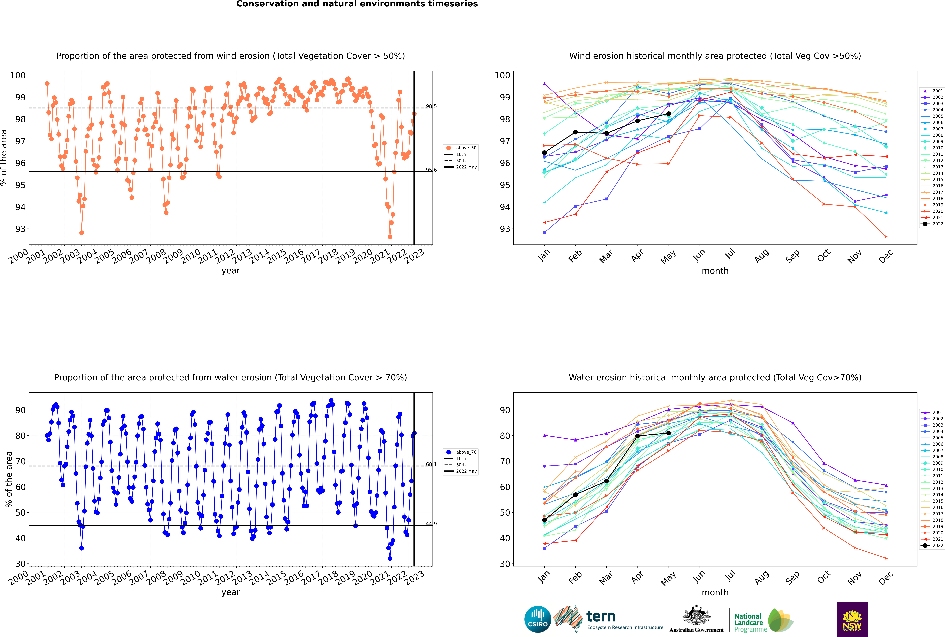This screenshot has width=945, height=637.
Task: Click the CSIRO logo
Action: tap(537, 619)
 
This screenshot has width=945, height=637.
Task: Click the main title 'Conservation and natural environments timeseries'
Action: tap(357, 4)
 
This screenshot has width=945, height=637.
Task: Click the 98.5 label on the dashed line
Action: tap(431, 106)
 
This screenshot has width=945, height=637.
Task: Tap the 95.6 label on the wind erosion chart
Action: tap(431, 170)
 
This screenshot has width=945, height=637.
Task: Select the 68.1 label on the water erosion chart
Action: tap(431, 464)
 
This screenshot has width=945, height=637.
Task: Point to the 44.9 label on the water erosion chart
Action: tap(431, 524)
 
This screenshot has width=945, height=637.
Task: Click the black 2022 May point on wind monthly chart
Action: tap(668, 114)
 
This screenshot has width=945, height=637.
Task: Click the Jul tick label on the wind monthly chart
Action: tap(730, 254)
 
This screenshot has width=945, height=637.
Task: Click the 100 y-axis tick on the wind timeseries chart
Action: tap(18, 75)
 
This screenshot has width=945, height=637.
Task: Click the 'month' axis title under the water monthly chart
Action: tap(715, 592)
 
